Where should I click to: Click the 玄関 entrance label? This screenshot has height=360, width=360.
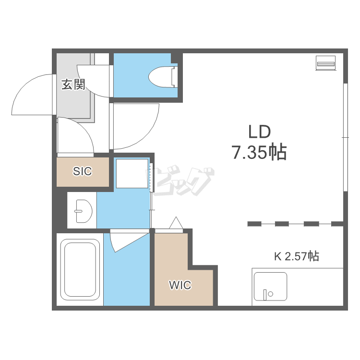tap(73, 84)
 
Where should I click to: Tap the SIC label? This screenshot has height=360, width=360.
tap(83, 171)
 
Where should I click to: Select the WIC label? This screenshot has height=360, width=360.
tap(180, 285)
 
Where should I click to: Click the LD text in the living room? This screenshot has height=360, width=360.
tap(260, 132)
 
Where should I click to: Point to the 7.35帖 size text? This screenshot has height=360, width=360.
tap(259, 152)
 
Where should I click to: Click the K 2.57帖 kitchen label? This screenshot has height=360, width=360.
tap(297, 256)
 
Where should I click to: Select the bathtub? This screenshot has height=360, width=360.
tap(80, 270)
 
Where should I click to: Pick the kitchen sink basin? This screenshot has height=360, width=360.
tap(270, 286)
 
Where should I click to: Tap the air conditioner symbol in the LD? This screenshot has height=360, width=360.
tap(325, 63)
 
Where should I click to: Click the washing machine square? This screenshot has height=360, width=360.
tap(132, 174)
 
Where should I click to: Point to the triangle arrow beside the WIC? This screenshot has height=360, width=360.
tap(176, 222)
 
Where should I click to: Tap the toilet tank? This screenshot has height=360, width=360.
tap(175, 77)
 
